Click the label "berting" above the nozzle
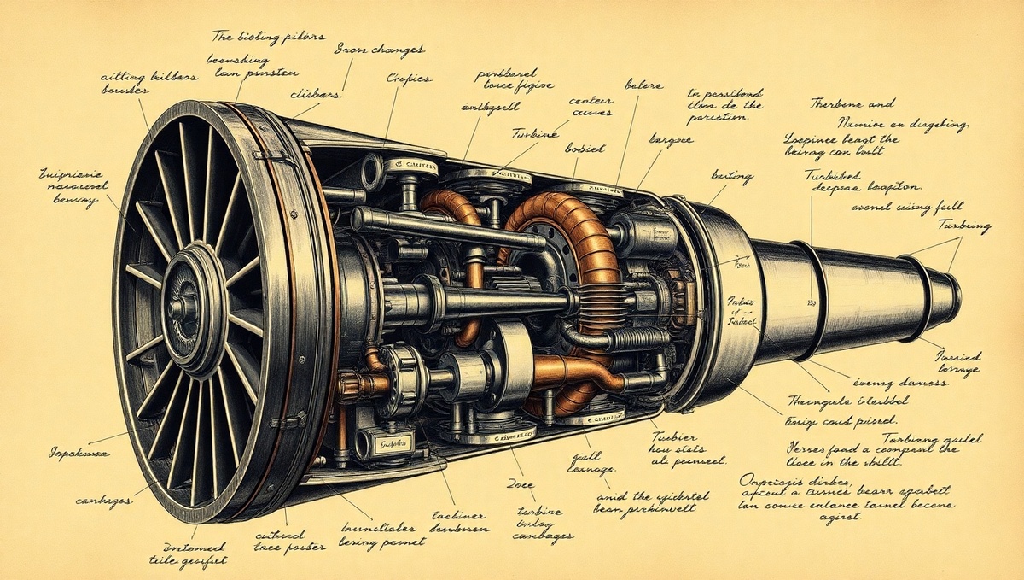point(731,177)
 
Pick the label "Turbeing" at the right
point(964,226)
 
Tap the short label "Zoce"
point(521,484)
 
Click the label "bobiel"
point(585,148)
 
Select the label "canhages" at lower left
point(103,501)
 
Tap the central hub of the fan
point(182,304)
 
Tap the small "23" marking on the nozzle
point(812,301)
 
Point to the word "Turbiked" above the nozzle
point(831,174)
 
